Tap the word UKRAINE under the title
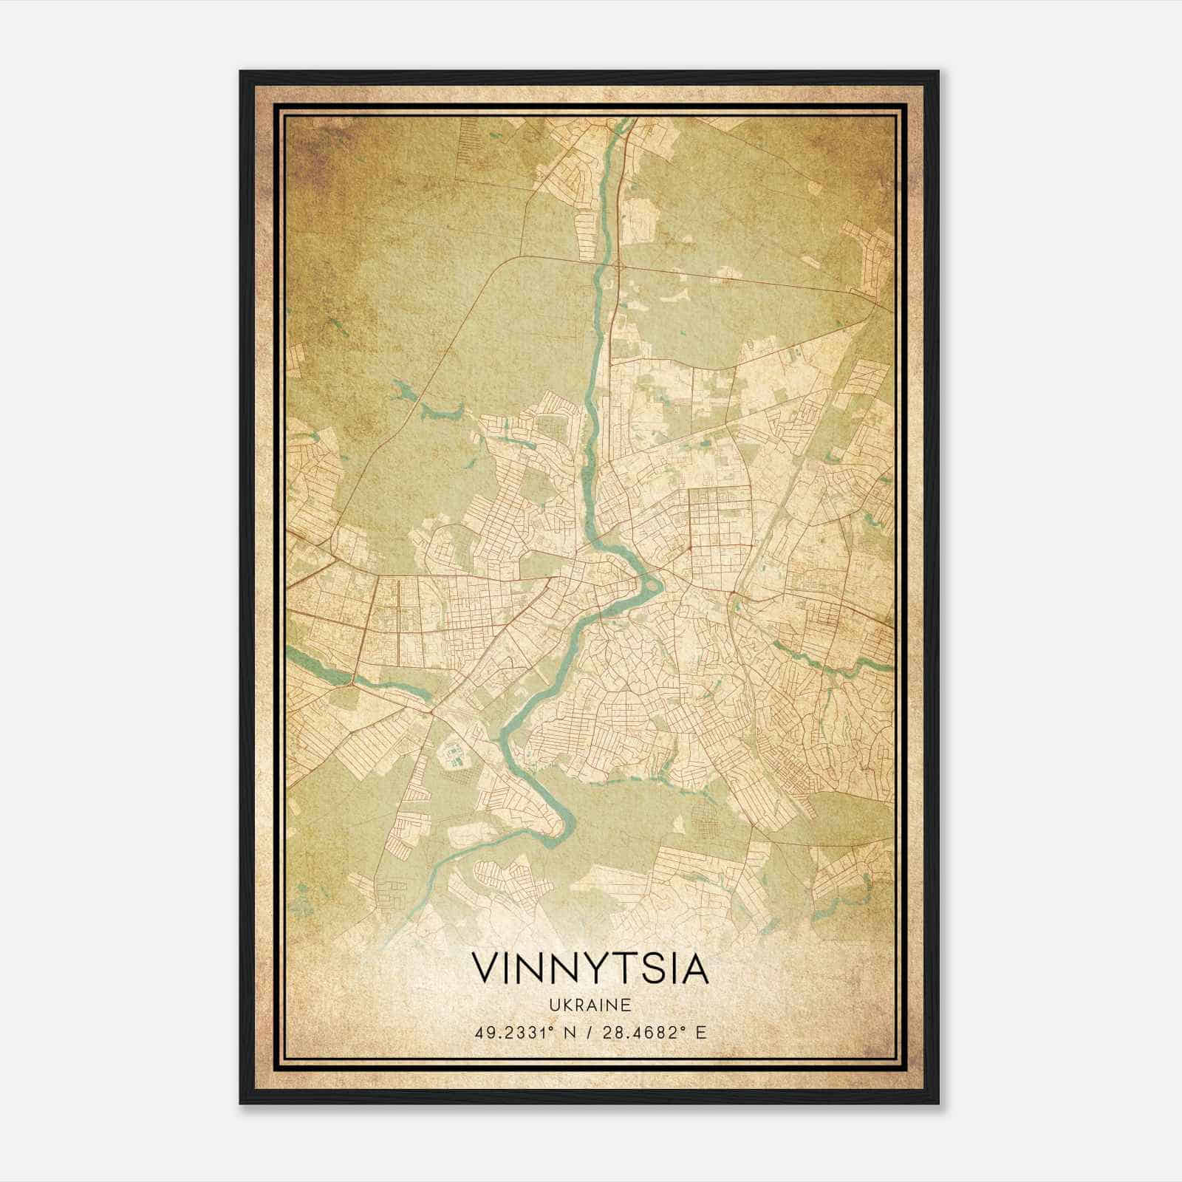[x=590, y=1005]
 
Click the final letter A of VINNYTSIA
[x=695, y=969]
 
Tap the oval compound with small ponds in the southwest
[x=452, y=757]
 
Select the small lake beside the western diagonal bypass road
[x=442, y=411]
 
